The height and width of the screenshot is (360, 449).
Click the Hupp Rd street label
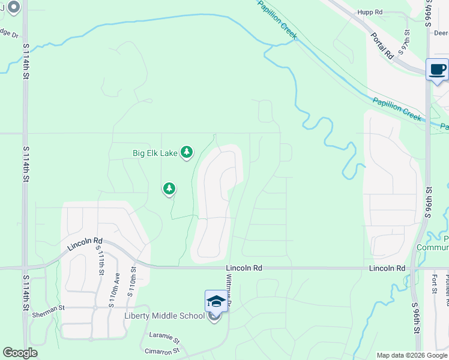point(370,12)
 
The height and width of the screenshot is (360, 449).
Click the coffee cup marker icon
point(437,69)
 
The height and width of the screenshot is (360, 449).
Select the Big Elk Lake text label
point(155,153)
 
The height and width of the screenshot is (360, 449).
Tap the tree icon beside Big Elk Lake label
point(187,152)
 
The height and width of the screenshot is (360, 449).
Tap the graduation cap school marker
point(216,301)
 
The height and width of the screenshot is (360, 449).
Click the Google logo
point(20,353)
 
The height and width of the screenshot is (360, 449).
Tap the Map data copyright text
point(412,355)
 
